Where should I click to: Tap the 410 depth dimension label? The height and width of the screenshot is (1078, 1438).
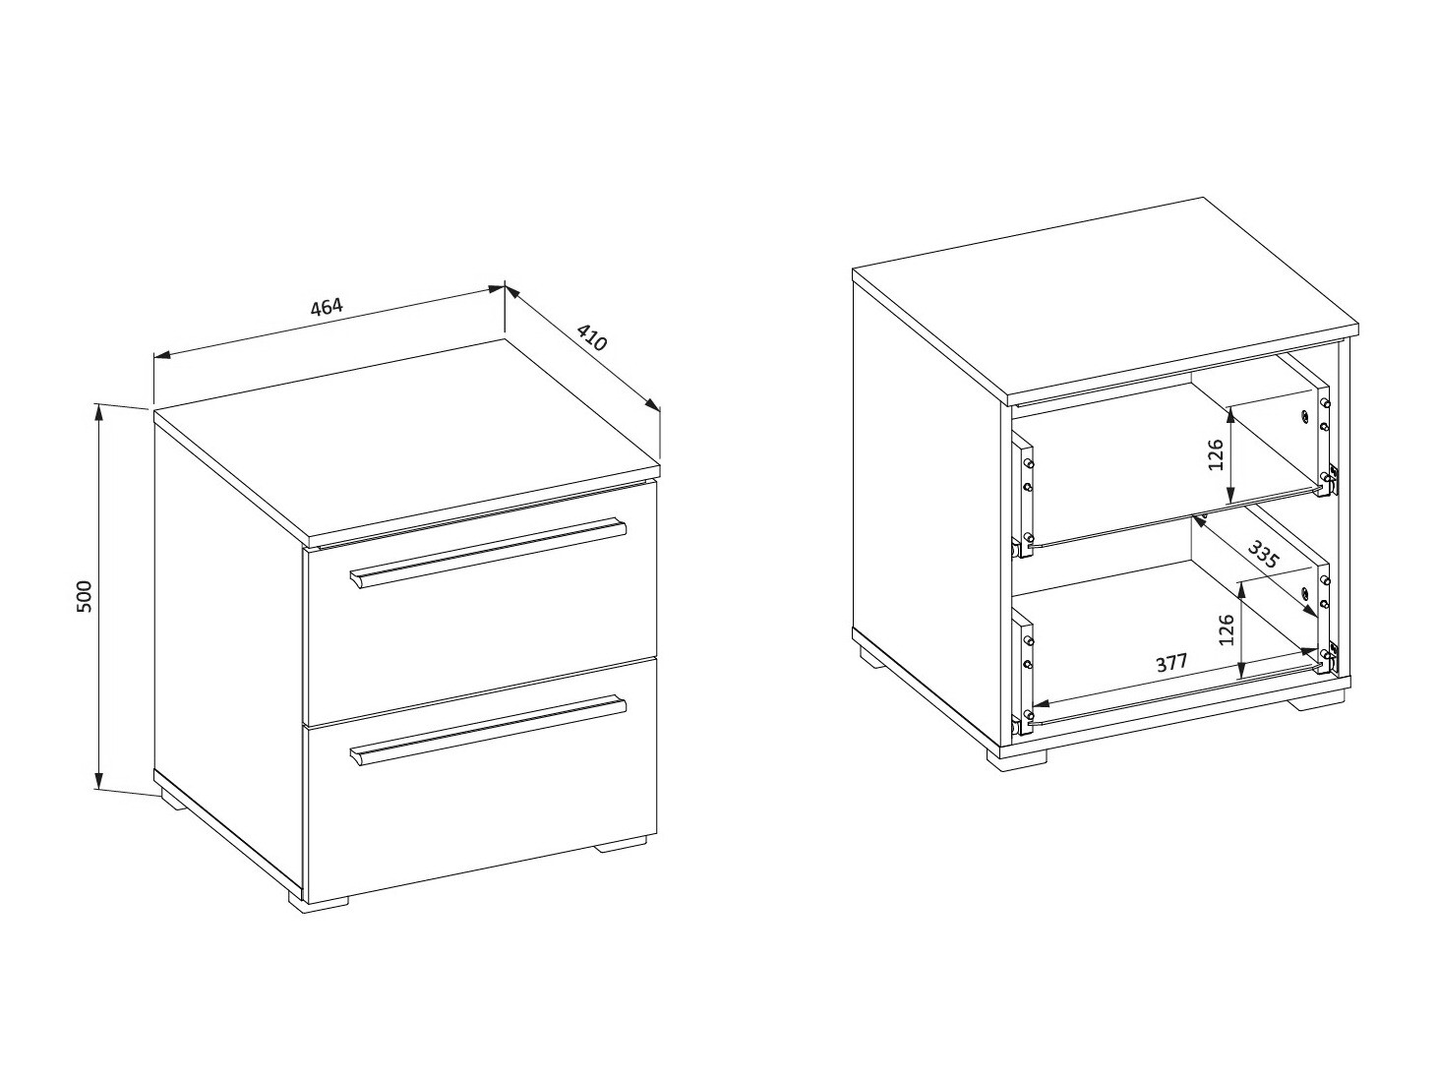click(x=592, y=337)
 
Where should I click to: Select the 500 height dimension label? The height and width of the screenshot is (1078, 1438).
click(x=86, y=596)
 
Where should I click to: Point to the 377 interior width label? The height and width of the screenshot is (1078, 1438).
click(x=1171, y=663)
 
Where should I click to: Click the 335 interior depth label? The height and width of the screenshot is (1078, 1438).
click(x=1262, y=554)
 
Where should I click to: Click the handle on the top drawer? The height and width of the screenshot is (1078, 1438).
click(x=488, y=555)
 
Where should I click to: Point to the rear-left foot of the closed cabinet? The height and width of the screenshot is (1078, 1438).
click(x=174, y=803)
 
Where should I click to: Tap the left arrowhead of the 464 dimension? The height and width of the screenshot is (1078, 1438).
click(x=162, y=355)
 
